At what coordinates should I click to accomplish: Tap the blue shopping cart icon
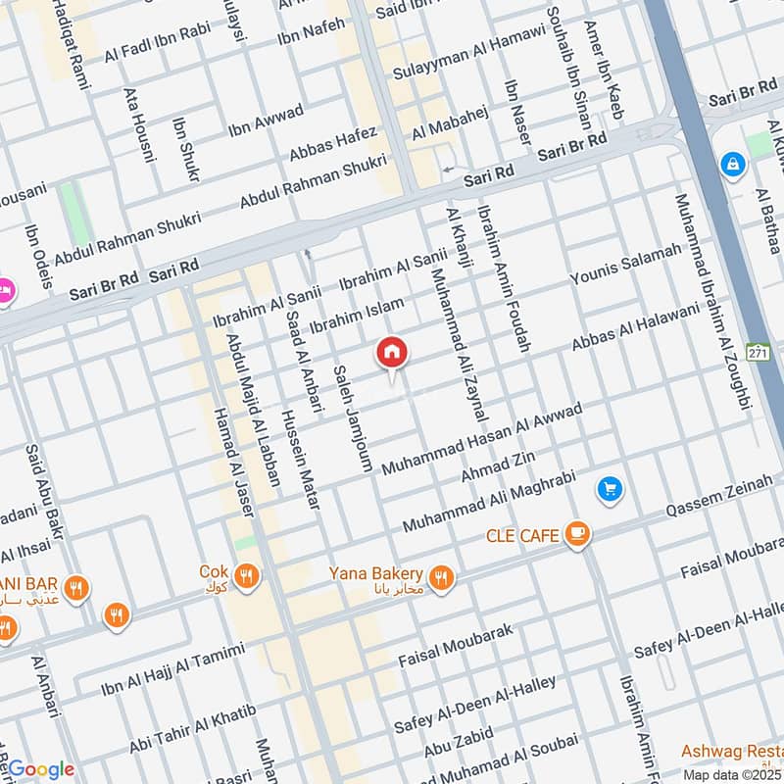pyautogui.click(x=610, y=489)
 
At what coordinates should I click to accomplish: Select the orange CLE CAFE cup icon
pyautogui.click(x=578, y=534)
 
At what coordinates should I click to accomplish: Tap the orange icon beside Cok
pyautogui.click(x=247, y=576)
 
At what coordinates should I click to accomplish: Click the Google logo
pyautogui.click(x=41, y=768)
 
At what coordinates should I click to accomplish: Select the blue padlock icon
pyautogui.click(x=732, y=165)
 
